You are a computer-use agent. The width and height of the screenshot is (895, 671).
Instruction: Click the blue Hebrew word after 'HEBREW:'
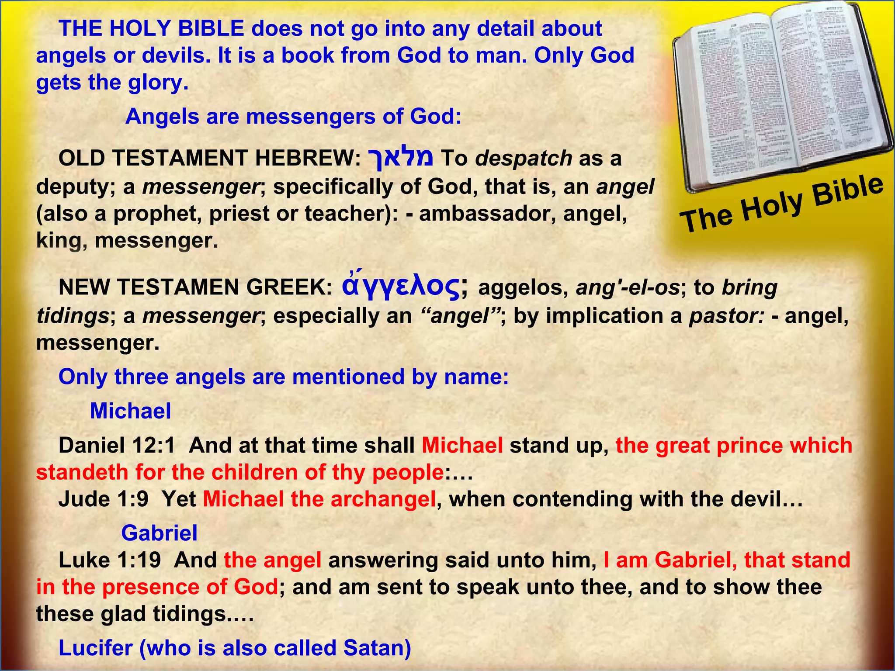coord(401,157)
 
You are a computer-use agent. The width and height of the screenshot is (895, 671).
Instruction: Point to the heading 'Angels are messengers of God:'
coord(293,117)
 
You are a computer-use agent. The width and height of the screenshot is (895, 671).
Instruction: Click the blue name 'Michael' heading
coord(130,411)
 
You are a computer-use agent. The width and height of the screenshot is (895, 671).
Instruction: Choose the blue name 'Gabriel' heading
coord(159,533)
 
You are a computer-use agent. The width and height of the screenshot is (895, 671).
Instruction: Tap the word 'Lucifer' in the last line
coord(95,648)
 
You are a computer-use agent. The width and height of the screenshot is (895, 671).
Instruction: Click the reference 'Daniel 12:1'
coord(117,446)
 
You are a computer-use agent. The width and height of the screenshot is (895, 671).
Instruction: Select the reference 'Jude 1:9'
coord(103,499)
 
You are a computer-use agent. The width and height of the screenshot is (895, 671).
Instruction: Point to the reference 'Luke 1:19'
coord(109,560)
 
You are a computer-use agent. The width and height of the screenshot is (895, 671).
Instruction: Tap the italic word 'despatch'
coord(524,158)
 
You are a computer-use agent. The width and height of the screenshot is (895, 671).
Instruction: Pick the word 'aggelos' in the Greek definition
coord(524,288)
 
